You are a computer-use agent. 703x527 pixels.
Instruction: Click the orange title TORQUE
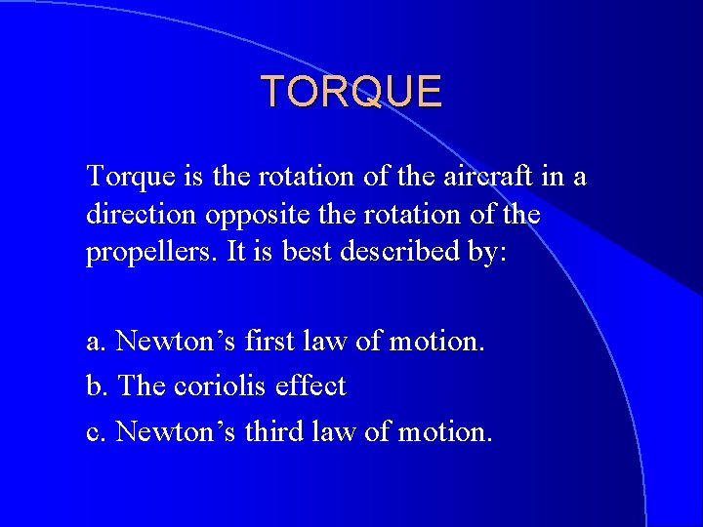coord(351,92)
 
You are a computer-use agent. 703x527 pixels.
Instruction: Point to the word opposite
coord(253,216)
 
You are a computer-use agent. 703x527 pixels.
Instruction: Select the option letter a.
coord(95,342)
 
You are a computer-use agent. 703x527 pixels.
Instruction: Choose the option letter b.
coord(96,385)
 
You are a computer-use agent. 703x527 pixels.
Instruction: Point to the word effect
coord(310,385)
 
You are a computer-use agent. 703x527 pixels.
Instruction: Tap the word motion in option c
coord(443,430)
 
